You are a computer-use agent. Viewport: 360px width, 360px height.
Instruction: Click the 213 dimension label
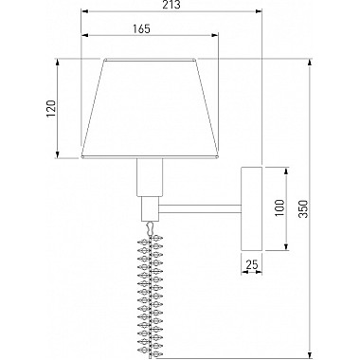172,5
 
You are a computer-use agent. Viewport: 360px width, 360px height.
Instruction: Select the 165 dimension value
141,28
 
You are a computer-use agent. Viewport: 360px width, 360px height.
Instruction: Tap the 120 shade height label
51,109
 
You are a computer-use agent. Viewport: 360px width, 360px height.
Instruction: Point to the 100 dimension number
279,207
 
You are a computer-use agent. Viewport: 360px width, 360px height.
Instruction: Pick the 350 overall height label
303,208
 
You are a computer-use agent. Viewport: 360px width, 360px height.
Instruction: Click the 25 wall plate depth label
252,264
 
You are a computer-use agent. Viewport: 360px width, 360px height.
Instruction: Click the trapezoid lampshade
150,108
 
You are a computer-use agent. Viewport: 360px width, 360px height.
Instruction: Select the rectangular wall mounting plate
252,208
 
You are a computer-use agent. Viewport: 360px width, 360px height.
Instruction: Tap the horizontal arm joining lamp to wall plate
200,208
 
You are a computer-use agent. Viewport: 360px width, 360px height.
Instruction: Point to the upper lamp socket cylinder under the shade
150,177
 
